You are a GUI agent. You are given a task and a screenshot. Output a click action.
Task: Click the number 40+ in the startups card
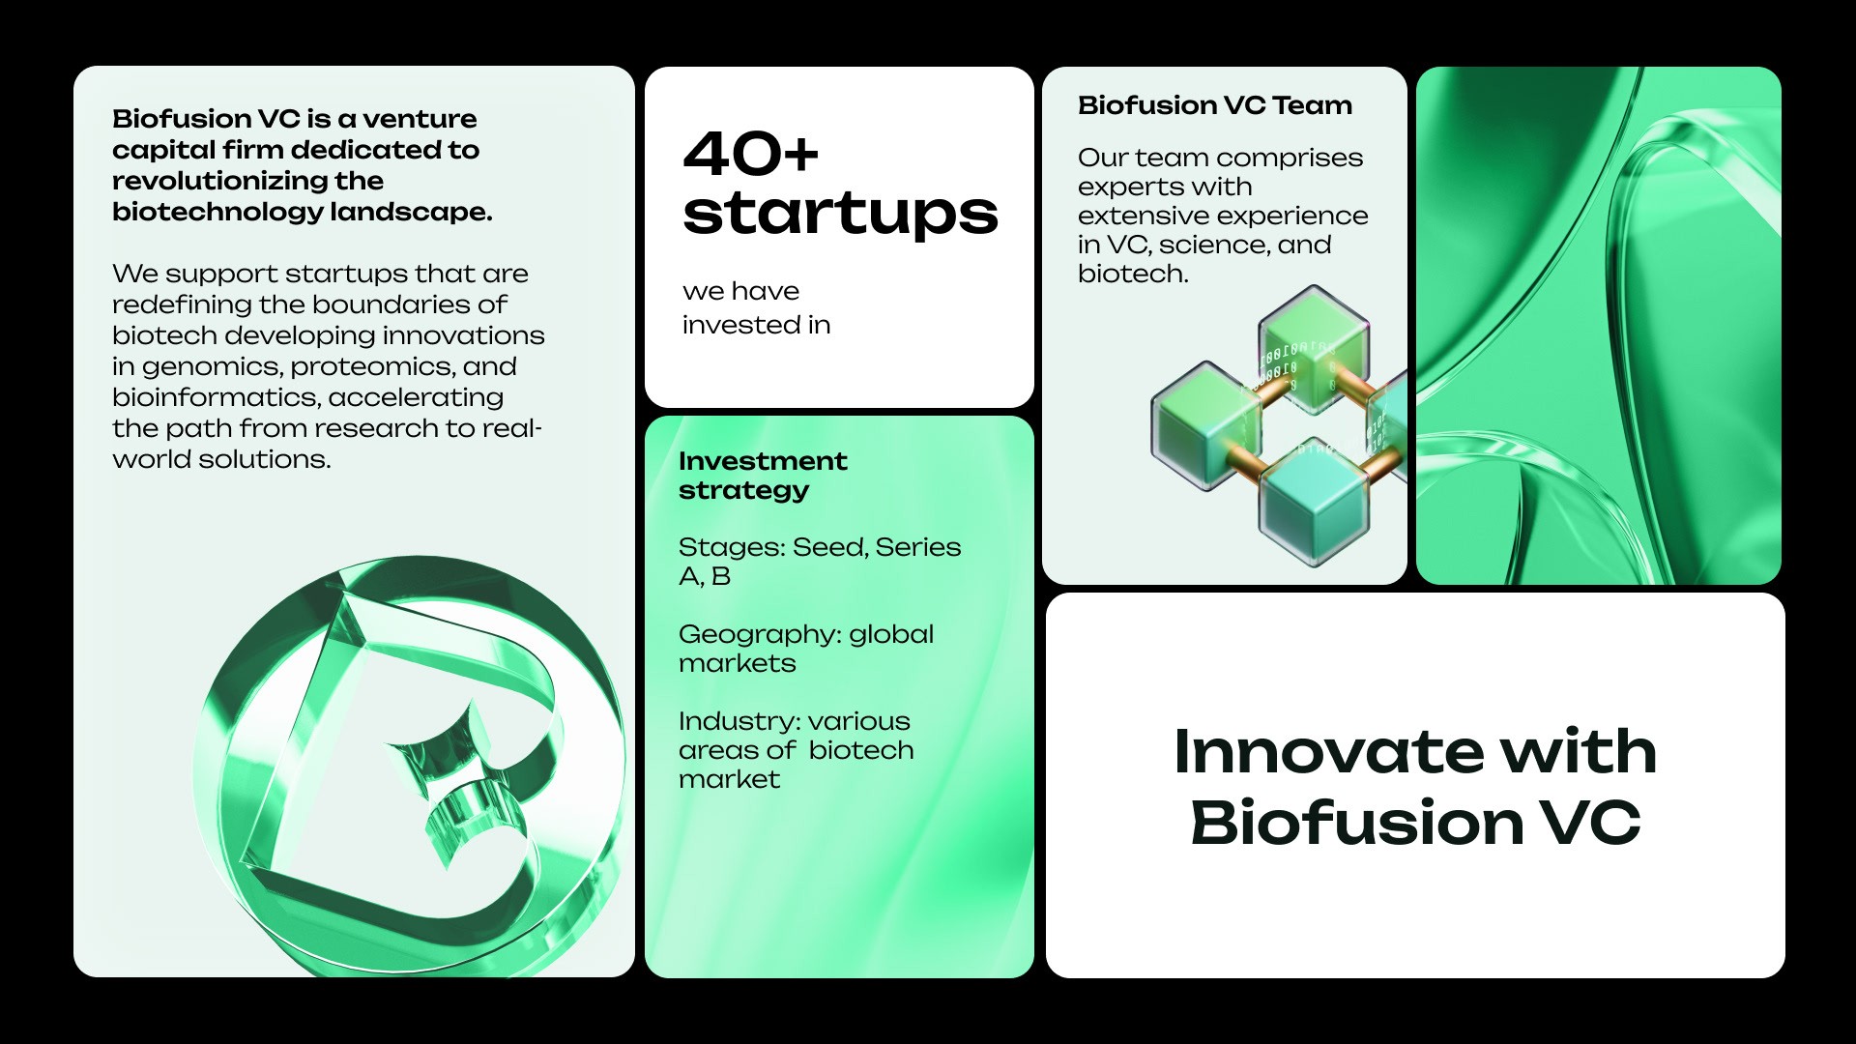(751, 154)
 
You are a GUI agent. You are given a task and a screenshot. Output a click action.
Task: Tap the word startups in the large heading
(840, 215)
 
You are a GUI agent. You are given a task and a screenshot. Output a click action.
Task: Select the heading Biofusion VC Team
(1215, 105)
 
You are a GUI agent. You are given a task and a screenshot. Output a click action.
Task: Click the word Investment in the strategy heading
(763, 461)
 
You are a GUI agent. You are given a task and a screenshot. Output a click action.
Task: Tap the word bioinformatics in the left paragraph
(216, 397)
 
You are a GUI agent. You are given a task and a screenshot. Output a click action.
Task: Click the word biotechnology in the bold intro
(217, 213)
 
